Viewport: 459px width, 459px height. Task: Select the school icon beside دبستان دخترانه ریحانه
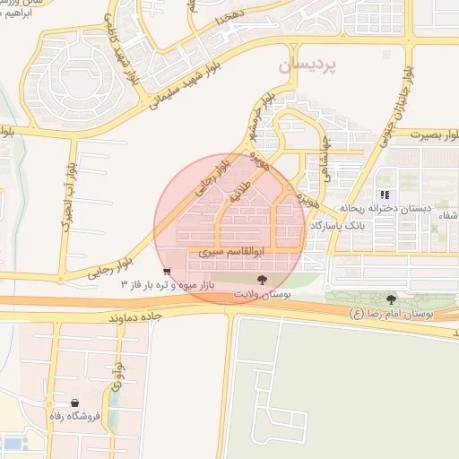click(x=385, y=195)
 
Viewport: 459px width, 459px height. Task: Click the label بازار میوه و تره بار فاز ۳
click(x=170, y=285)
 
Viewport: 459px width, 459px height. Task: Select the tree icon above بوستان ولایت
click(x=262, y=281)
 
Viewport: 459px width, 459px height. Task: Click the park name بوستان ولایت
click(x=262, y=295)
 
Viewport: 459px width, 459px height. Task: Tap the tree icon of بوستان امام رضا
click(x=390, y=299)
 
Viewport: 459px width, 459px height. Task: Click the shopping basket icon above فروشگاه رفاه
click(x=74, y=403)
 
